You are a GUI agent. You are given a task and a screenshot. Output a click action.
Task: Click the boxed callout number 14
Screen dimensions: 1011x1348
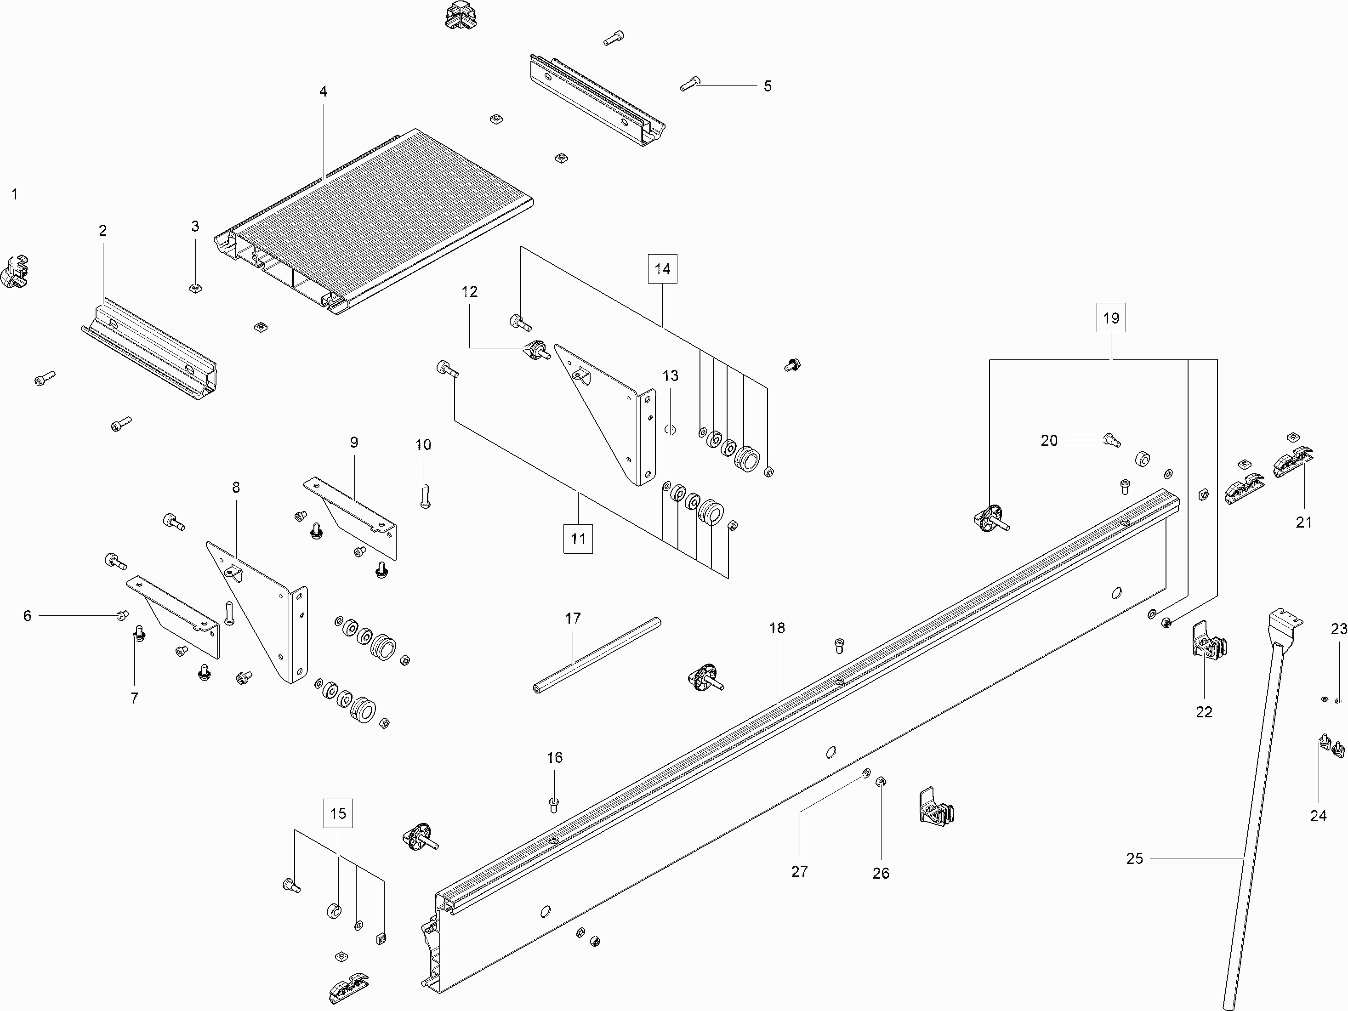pos(662,269)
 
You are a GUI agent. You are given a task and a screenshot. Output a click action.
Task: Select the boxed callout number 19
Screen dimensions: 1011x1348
pos(1111,318)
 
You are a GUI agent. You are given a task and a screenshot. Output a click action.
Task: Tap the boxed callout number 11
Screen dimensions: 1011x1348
pos(578,539)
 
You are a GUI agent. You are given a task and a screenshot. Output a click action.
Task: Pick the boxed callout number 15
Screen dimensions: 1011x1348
pos(338,813)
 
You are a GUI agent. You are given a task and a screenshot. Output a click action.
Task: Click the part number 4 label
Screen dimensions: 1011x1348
pos(323,91)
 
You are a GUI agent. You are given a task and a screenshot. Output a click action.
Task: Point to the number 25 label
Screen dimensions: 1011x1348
pos(1134,858)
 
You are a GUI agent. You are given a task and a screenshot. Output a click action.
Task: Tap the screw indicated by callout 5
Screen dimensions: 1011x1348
pos(690,84)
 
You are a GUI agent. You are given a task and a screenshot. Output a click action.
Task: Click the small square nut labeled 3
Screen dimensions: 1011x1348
pos(196,287)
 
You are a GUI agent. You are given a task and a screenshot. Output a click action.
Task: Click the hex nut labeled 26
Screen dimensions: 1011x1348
pos(880,782)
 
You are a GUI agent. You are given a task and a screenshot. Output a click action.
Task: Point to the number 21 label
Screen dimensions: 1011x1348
pos(1303,522)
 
